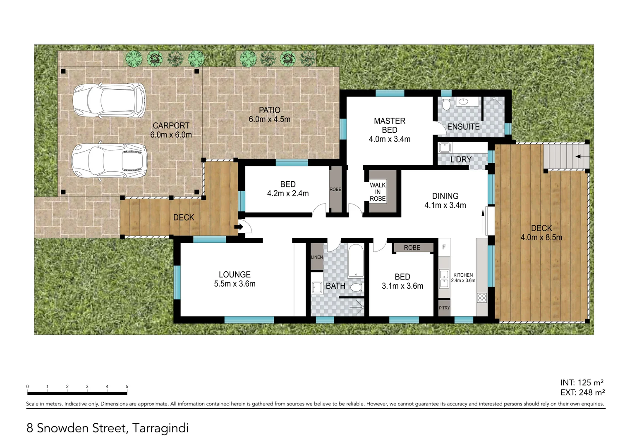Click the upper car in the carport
coord(109,100)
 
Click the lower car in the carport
coord(109,161)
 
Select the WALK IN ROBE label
coord(378,192)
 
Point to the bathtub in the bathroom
coord(356,261)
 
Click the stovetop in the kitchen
coord(481,297)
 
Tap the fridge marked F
coord(444,247)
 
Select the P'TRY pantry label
coord(444,308)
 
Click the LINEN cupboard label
coord(317,257)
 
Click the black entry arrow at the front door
coord(239,227)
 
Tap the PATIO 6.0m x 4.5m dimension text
coord(269,119)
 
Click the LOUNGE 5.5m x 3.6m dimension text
coord(235,284)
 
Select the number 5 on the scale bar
coord(127,387)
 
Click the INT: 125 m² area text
coord(582,382)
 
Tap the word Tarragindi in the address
coord(160,428)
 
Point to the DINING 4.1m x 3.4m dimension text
coord(445,205)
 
